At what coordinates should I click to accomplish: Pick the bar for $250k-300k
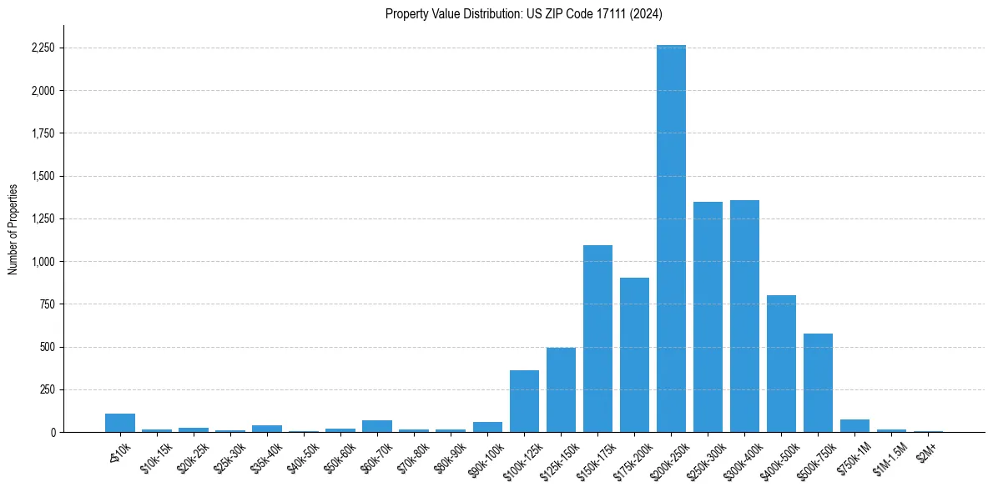(708, 317)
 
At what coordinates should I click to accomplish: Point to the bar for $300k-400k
(744, 316)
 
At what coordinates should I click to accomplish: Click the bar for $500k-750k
(818, 383)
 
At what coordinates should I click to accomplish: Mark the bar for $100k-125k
(524, 401)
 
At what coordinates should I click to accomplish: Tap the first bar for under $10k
(120, 423)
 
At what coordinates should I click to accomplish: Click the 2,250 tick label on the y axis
(42, 48)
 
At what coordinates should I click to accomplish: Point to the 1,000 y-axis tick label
(42, 261)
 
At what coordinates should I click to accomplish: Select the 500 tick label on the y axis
(47, 347)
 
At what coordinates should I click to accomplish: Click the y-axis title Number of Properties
(13, 228)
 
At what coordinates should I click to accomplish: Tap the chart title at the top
(524, 13)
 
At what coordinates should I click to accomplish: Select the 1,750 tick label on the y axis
(42, 133)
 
